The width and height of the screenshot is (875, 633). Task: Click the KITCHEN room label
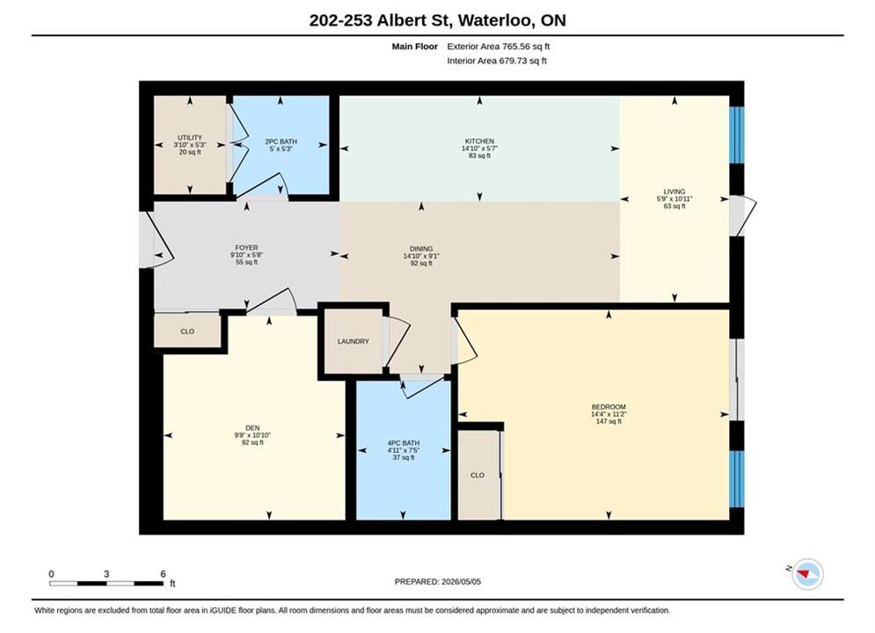479,141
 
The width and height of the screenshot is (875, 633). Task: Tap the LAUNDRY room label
354,341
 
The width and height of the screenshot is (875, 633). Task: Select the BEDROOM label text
609,407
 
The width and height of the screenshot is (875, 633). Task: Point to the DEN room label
252,428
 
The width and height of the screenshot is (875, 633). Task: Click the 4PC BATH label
404,443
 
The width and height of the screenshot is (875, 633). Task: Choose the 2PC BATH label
281,142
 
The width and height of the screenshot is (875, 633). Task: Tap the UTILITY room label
190,137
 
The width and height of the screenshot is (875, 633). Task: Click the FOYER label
246,248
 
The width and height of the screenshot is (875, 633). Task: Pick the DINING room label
421,249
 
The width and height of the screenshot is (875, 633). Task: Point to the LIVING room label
674,192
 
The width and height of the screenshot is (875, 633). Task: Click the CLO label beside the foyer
187,331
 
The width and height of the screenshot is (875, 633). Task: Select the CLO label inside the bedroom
478,475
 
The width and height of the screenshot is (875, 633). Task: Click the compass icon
807,573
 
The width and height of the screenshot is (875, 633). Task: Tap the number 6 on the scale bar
163,573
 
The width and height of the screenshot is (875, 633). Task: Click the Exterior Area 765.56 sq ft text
499,47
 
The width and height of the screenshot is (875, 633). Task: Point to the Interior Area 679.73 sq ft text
497,61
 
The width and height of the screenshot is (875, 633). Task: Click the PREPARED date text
438,582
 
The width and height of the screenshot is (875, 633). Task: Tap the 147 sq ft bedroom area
609,422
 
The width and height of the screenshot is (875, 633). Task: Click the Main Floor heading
414,47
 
